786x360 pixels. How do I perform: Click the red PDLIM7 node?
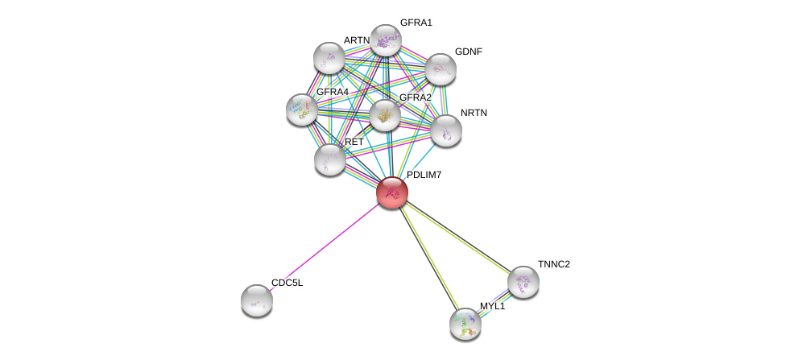point(392,192)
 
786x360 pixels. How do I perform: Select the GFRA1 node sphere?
point(385,40)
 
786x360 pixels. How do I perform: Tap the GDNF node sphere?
point(441,69)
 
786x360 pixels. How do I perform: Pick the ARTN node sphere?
point(329,58)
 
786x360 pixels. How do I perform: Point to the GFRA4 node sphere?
point(302,110)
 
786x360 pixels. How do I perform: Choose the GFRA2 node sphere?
point(385,115)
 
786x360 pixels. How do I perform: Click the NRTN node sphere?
point(445,130)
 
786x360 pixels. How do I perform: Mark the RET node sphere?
point(329,159)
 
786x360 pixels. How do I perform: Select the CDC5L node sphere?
point(257,300)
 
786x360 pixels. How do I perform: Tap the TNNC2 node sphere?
point(523,282)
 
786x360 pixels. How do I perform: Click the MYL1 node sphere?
point(465,324)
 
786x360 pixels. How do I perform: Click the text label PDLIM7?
point(424,175)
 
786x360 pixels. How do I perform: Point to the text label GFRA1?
point(416,23)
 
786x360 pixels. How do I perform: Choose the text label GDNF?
point(468,52)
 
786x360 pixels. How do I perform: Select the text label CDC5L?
point(287,283)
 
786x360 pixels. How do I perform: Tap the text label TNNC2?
point(554,264)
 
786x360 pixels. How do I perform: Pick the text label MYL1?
point(492,306)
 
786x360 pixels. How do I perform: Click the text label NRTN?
point(474,113)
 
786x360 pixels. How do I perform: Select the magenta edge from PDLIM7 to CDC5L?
point(325,246)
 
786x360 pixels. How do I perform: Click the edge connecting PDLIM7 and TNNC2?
point(457,237)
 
